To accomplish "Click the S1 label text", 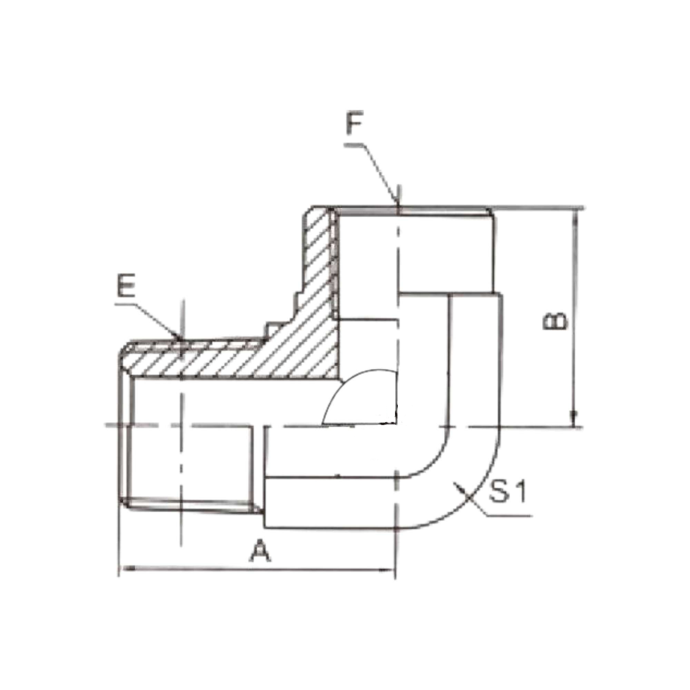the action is coord(507,493).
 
